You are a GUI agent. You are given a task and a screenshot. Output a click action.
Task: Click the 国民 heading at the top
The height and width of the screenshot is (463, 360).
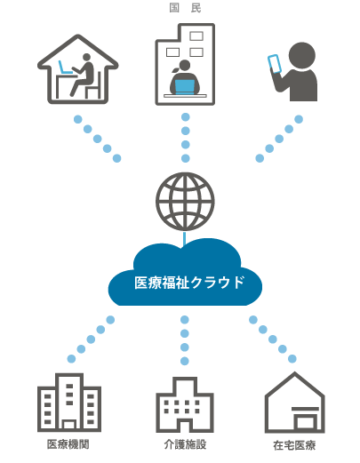point(186,8)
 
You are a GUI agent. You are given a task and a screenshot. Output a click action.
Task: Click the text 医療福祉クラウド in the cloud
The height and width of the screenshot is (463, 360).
point(189,283)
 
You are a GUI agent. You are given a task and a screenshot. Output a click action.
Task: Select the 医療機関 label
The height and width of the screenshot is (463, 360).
point(68,444)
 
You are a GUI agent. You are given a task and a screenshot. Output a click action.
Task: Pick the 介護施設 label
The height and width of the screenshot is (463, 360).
point(185,444)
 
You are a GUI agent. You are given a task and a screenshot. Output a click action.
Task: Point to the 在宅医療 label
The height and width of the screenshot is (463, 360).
point(294,445)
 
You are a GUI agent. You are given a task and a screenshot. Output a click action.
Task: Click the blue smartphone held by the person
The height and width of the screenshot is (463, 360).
point(275,63)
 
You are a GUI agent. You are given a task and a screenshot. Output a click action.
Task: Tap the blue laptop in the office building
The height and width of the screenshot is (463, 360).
point(185,87)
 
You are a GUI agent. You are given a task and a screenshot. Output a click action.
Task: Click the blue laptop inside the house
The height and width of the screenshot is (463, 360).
point(65,68)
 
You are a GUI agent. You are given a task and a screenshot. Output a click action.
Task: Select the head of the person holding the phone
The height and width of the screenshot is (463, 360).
point(301,55)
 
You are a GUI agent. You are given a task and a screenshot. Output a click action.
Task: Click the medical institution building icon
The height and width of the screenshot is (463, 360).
point(69,402)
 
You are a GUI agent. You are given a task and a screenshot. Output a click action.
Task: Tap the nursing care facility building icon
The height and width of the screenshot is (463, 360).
point(185,404)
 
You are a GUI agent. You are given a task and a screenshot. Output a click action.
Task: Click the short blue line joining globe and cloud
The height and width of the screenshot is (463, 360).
point(185,239)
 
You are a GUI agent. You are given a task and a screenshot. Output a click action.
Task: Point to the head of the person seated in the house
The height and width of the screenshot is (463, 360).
point(86,58)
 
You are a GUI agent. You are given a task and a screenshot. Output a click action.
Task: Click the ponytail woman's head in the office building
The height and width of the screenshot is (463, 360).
point(185,66)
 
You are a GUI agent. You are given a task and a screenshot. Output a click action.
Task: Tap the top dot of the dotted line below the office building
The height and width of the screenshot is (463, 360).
point(186,117)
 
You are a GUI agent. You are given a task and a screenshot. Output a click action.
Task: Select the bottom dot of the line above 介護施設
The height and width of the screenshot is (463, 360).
point(185,361)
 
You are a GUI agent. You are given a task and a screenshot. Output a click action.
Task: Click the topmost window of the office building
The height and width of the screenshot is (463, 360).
point(196,36)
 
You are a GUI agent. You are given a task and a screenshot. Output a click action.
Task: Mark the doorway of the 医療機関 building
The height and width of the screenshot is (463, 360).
point(69,425)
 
